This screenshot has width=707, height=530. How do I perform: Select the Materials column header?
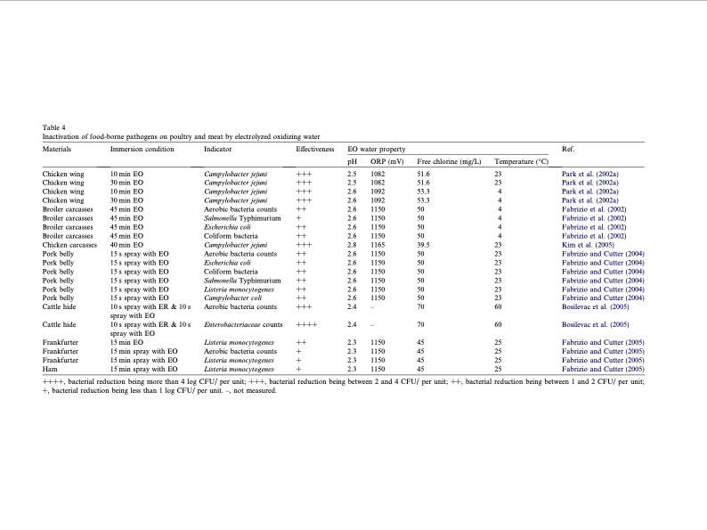(x=57, y=148)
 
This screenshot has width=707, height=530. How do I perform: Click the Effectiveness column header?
(x=314, y=148)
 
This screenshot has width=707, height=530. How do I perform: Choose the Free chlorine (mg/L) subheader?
(x=449, y=160)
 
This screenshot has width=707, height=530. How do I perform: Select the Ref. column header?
(x=569, y=148)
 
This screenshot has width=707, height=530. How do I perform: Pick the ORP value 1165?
(x=378, y=243)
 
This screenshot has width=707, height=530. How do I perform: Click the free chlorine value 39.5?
(x=424, y=243)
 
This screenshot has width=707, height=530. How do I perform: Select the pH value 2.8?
(x=352, y=243)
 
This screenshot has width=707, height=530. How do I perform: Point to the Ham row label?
(x=50, y=368)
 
